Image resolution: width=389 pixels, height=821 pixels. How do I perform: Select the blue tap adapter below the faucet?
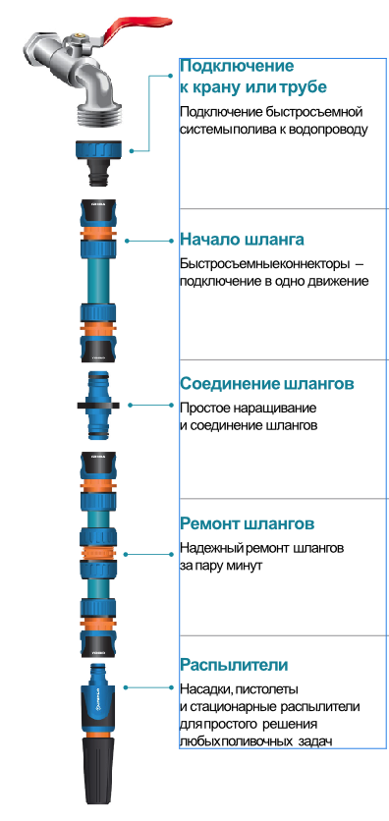[99, 162]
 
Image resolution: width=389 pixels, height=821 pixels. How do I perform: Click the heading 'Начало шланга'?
[242, 240]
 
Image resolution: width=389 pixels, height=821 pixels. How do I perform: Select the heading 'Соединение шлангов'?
[267, 383]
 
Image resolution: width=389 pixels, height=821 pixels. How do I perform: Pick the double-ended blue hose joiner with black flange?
[98, 406]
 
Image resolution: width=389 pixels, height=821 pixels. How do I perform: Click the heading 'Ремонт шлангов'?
[248, 523]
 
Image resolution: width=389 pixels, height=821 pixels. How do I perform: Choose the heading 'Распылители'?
[234, 665]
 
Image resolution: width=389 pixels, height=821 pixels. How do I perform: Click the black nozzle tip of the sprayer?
[98, 772]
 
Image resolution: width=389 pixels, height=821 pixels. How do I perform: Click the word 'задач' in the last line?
[315, 741]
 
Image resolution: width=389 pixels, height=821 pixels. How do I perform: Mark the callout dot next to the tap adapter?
[132, 151]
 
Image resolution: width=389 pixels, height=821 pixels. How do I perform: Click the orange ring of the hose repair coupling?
[98, 554]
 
